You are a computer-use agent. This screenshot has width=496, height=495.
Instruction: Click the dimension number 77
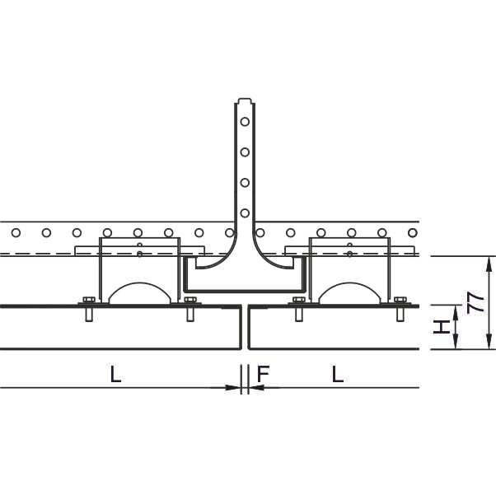pyautogui.click(x=475, y=302)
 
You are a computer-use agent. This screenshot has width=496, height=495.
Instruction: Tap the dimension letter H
pyautogui.click(x=442, y=327)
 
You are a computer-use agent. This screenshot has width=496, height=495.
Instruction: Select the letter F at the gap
pyautogui.click(x=263, y=374)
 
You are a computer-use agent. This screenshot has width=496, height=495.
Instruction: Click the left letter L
pyautogui.click(x=116, y=374)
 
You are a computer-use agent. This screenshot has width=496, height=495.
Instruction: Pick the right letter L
pyautogui.click(x=338, y=374)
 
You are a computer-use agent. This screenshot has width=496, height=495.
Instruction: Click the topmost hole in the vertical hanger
pyautogui.click(x=245, y=121)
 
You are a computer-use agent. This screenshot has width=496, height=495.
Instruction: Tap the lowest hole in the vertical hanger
pyautogui.click(x=245, y=213)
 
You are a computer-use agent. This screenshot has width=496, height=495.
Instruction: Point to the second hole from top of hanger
pyautogui.click(x=245, y=152)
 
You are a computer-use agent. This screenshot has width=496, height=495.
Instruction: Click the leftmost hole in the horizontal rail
pyautogui.click(x=16, y=233)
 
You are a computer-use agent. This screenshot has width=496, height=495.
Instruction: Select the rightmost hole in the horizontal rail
pyautogui.click(x=413, y=233)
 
